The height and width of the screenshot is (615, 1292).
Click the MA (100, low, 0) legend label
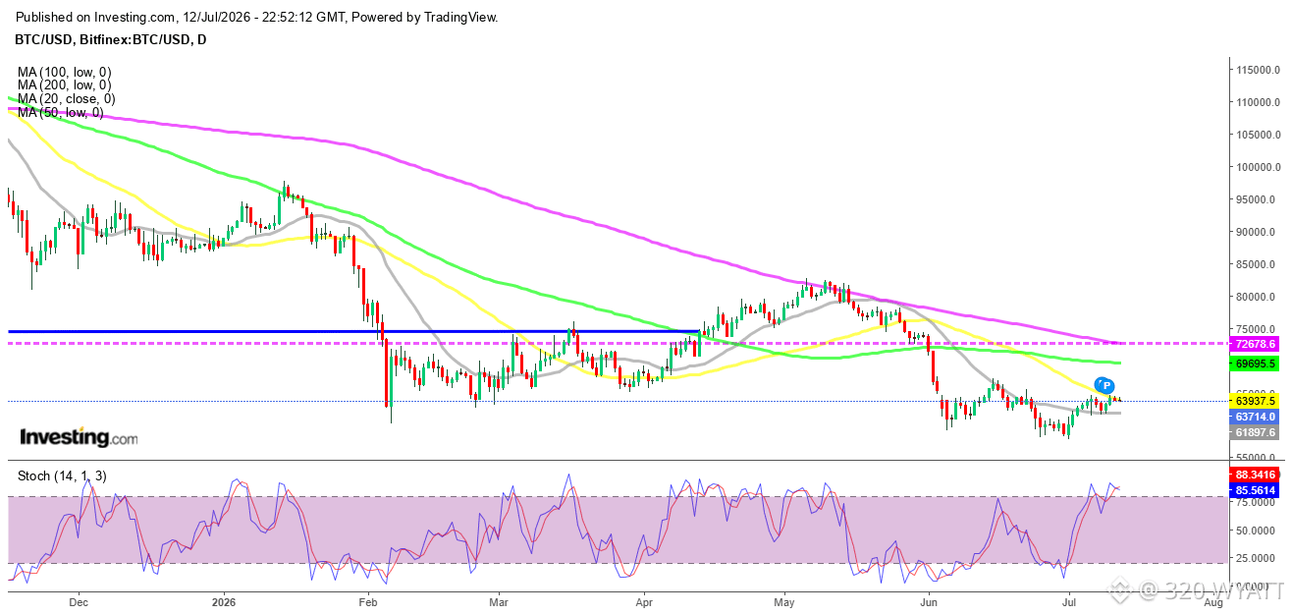(65, 72)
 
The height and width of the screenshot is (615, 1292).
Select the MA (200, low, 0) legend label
(65, 85)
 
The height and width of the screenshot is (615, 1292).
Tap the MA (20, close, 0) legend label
(67, 98)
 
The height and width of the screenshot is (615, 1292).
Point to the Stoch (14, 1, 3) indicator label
(62, 475)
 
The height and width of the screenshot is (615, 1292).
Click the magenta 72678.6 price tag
(1255, 344)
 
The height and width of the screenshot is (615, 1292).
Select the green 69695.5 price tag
(1255, 363)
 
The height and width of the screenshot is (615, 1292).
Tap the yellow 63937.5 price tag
(1255, 401)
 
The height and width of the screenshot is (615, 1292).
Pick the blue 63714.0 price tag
(1255, 417)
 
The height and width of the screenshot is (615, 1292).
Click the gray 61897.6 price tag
(1255, 432)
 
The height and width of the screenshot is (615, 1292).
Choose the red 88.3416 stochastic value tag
(1255, 475)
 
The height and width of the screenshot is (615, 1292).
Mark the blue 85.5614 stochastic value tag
(1255, 490)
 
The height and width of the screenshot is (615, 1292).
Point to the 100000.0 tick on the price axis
(1258, 167)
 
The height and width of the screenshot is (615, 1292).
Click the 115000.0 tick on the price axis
(1258, 70)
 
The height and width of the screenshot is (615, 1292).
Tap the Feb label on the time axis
(367, 602)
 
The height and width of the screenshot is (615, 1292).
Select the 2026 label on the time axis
(224, 602)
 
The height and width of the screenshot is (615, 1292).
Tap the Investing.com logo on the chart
(79, 437)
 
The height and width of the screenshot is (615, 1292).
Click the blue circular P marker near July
(1106, 385)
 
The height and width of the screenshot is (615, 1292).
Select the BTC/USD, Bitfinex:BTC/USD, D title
(111, 39)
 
